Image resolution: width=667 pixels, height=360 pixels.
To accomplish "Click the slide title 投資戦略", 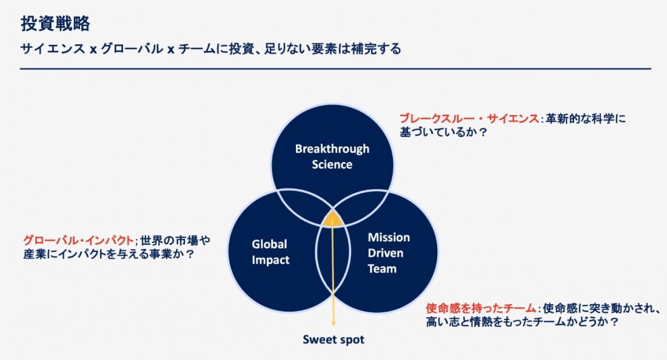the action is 55,24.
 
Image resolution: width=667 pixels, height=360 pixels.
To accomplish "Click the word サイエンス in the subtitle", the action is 53,49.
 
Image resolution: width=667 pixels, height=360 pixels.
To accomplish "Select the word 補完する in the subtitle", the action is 376,49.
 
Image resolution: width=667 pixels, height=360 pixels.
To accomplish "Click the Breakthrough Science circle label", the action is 332,156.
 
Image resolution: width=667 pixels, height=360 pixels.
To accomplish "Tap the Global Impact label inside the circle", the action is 270,252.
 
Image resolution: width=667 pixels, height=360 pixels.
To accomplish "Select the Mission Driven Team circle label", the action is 389,253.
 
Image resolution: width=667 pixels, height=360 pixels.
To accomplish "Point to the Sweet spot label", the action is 333,339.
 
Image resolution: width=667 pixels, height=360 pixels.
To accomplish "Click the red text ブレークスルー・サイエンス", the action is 469,118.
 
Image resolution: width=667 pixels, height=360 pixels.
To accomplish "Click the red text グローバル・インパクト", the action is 78,241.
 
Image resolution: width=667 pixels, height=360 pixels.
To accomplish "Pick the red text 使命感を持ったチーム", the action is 481,308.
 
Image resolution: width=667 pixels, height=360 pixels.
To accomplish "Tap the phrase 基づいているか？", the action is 443,132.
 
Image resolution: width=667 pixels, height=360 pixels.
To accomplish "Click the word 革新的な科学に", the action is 586,118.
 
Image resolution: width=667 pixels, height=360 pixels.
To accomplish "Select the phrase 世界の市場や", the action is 175,241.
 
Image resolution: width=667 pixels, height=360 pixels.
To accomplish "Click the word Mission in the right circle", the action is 389,237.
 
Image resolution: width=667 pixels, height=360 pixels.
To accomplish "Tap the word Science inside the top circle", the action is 332,164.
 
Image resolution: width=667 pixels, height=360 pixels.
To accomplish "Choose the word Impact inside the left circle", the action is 270,259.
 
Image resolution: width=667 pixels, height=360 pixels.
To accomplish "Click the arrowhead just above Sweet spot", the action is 333,324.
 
